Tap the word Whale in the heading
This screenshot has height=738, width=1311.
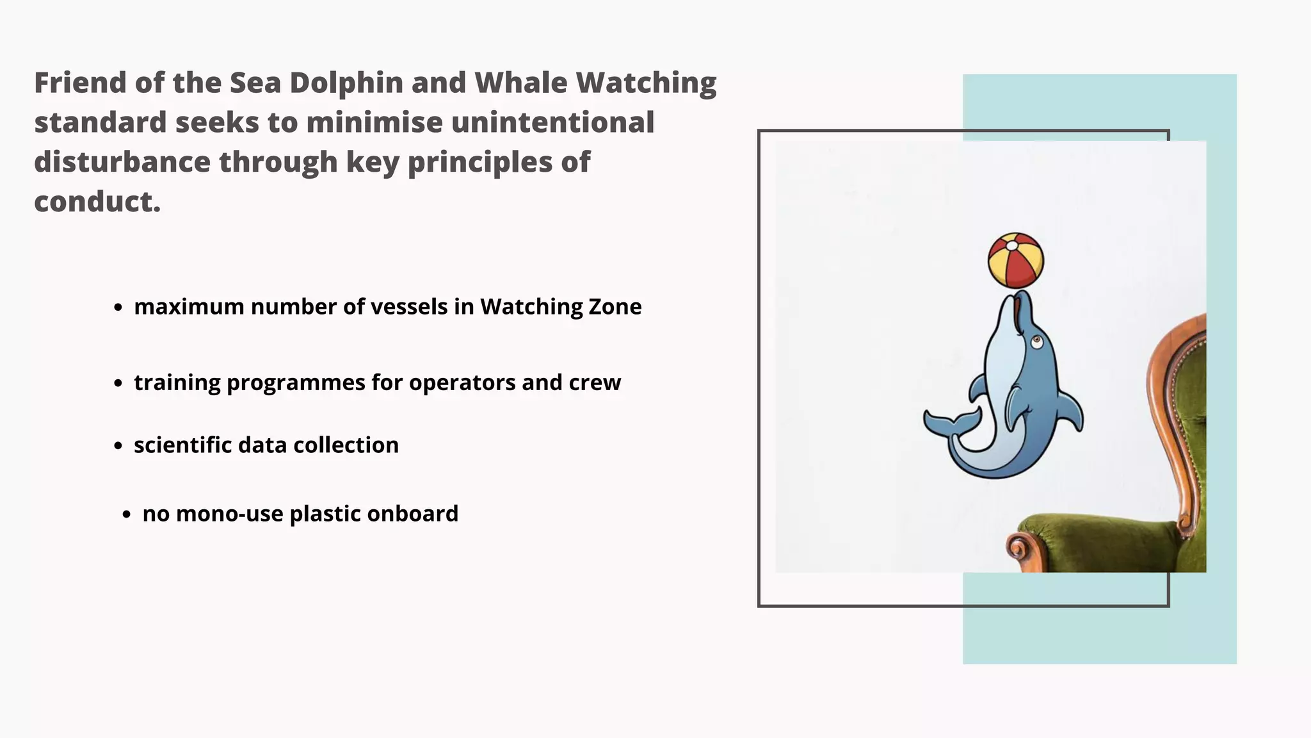tap(520, 83)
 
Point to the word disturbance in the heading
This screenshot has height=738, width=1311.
tap(122, 162)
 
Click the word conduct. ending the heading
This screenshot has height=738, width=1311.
tap(97, 202)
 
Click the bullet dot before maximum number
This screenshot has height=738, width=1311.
tap(118, 308)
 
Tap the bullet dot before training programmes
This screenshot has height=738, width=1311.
tap(118, 384)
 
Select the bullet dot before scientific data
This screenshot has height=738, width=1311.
tap(118, 446)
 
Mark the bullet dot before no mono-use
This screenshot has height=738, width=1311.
tap(127, 514)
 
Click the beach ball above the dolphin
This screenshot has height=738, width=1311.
tap(1015, 261)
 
